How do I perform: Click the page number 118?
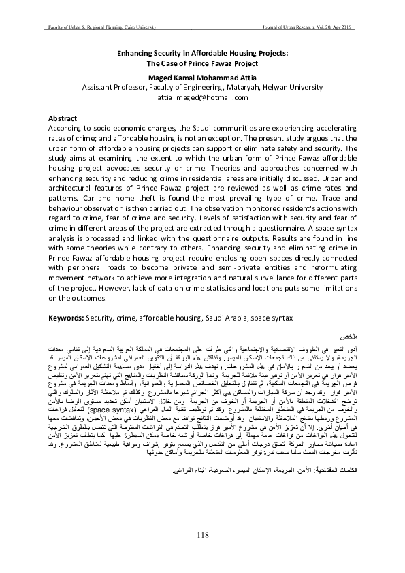coord(202,534)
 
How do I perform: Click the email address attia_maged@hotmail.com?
coord(202,97)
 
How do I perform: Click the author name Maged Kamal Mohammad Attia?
coord(202,78)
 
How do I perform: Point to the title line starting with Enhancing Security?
coord(202,51)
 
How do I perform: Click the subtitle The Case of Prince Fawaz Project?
coord(202,61)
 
